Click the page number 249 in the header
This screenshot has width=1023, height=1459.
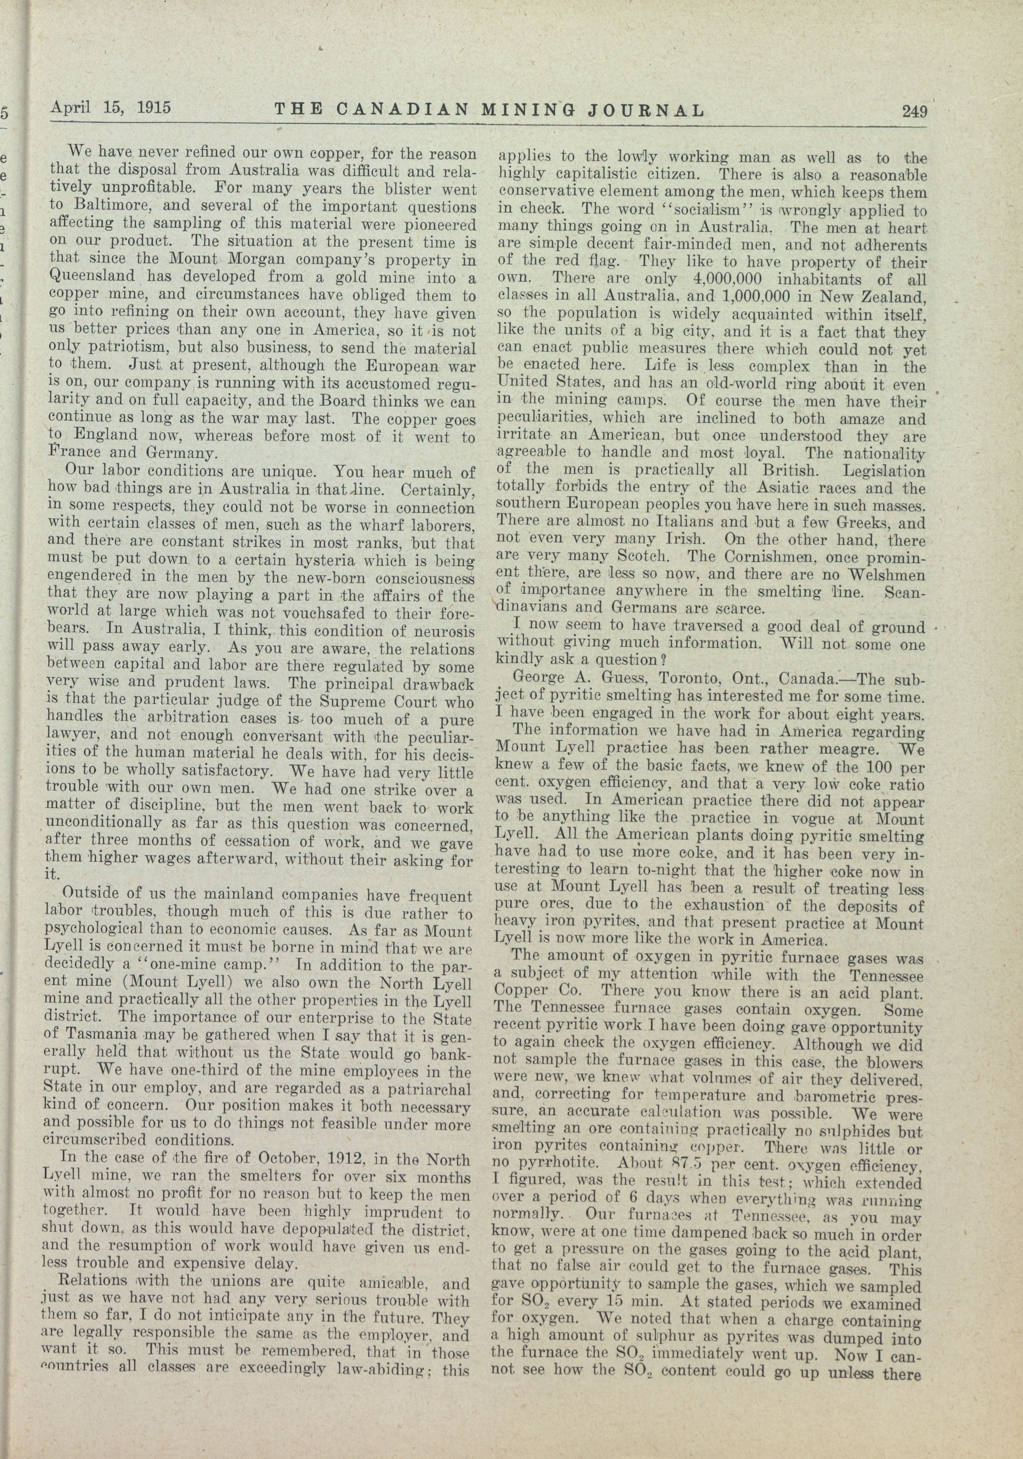tap(914, 111)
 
